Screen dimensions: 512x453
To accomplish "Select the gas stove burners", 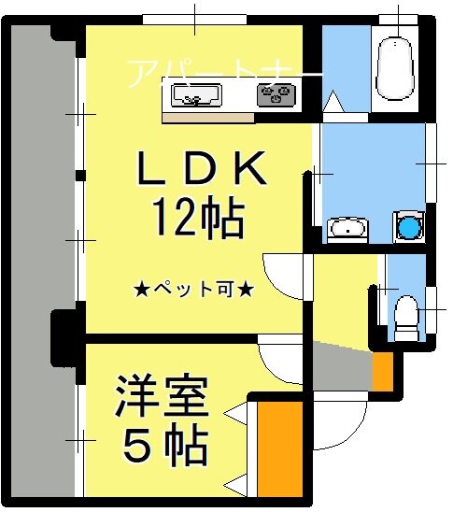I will [276, 93].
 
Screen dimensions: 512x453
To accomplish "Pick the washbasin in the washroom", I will [347, 228].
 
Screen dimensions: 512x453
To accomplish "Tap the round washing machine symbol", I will [408, 226].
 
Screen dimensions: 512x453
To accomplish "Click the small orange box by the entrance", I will [383, 371].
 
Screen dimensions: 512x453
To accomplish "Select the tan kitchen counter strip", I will [207, 118].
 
